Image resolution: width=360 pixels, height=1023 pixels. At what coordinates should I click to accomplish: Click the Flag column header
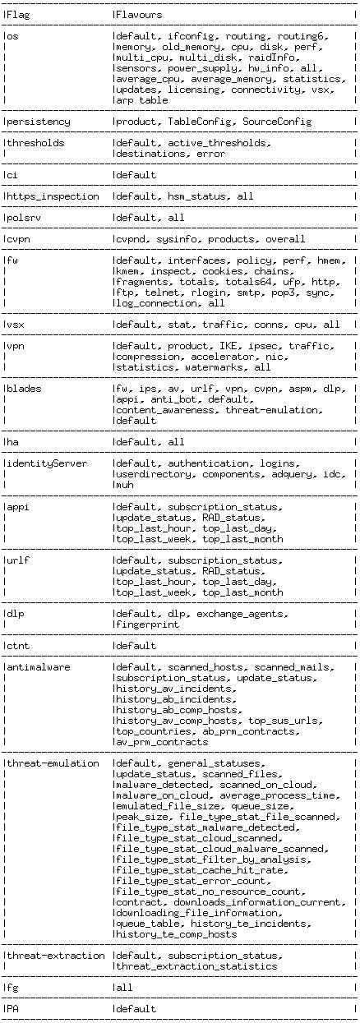coord(20,14)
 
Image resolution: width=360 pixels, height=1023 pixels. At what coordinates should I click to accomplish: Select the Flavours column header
coord(139,14)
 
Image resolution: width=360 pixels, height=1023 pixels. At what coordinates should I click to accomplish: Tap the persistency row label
coord(39,122)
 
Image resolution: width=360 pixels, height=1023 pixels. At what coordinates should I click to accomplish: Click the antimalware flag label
coord(39,666)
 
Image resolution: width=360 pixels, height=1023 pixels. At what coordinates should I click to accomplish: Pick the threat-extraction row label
coord(56,956)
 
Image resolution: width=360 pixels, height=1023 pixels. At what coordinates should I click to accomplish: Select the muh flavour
coord(125,485)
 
